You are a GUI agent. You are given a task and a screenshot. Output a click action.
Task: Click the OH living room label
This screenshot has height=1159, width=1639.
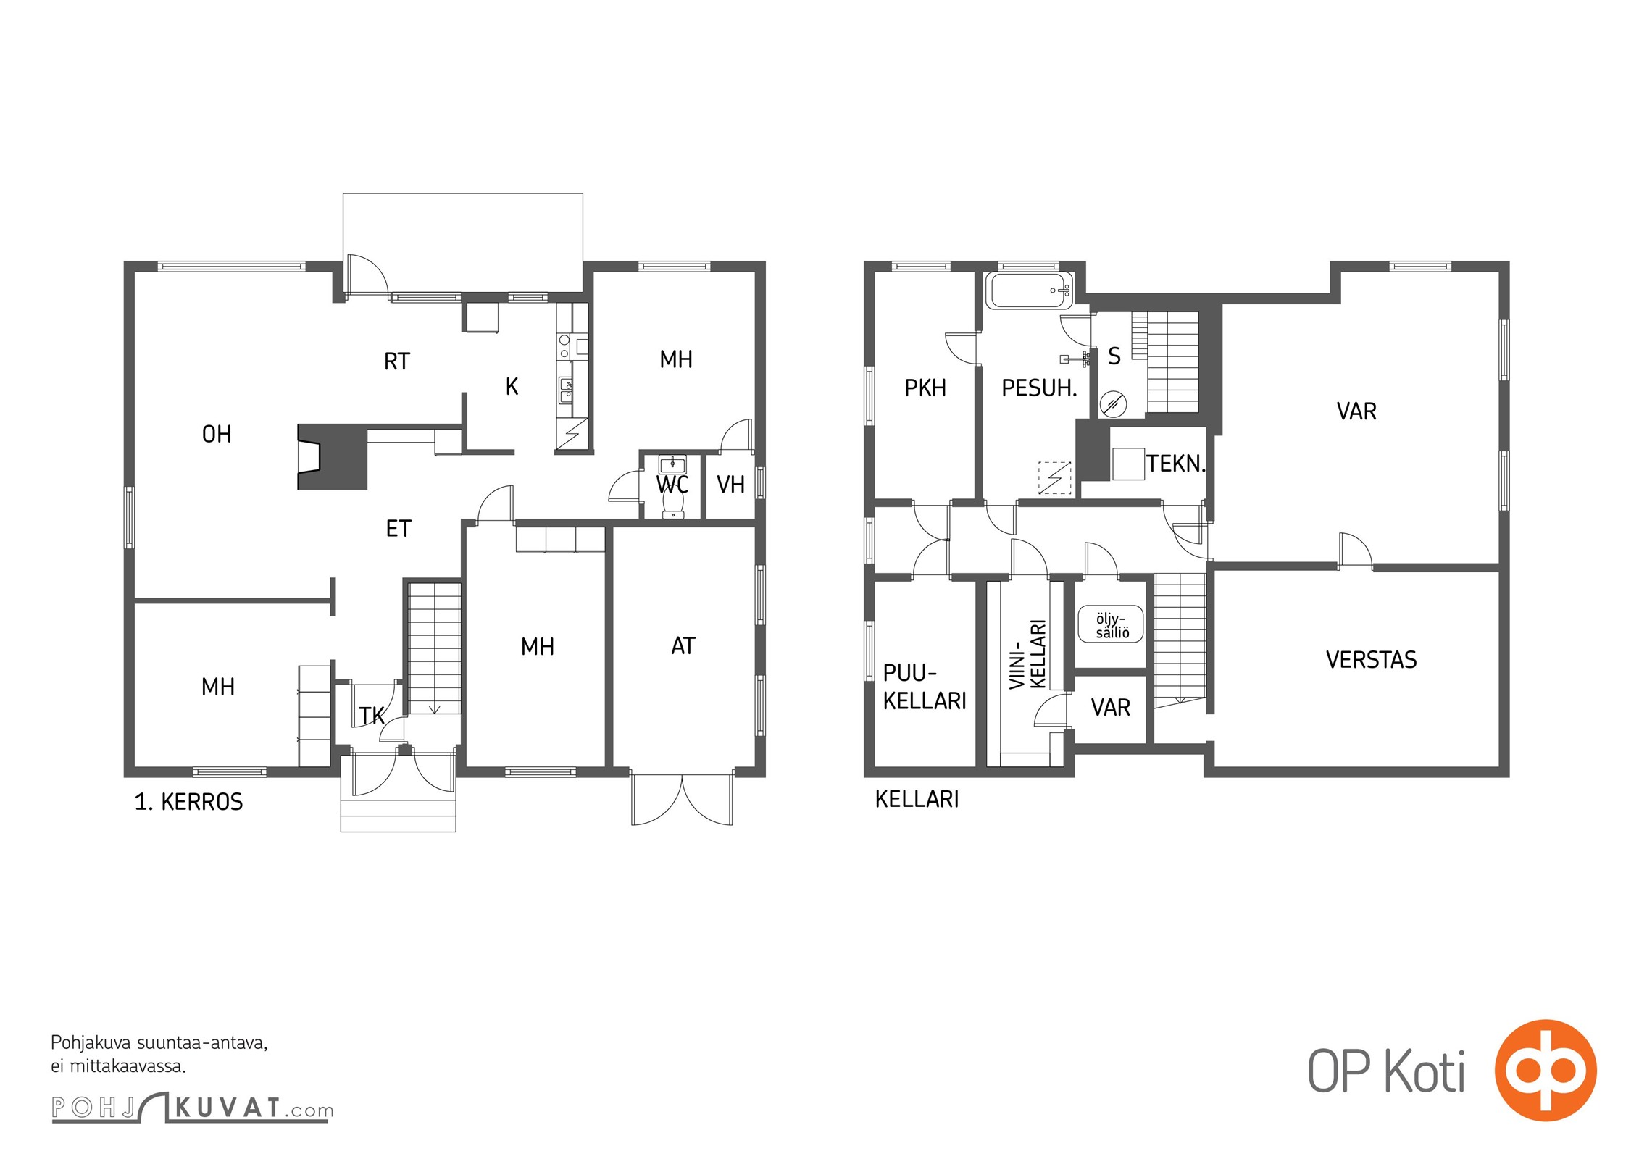(217, 434)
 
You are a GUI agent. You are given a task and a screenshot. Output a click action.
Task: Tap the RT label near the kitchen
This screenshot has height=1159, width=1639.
(397, 361)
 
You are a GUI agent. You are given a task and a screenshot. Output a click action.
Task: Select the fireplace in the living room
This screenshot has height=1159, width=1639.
(332, 457)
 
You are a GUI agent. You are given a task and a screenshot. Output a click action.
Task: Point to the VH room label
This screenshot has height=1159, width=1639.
(730, 485)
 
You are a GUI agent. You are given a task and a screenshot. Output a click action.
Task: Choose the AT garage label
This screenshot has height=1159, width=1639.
(683, 645)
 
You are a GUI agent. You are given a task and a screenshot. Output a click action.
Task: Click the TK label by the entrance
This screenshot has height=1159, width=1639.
(372, 716)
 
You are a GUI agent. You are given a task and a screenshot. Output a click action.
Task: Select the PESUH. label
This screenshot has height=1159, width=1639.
(1039, 388)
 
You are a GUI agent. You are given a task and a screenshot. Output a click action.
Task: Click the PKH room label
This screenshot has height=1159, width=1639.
(925, 388)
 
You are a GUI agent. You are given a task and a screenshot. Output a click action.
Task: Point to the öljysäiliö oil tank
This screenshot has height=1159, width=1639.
(1111, 624)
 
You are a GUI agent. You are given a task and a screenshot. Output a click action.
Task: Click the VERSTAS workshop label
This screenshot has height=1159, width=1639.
(1371, 659)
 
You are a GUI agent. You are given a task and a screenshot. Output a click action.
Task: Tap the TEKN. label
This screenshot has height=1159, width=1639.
(1175, 464)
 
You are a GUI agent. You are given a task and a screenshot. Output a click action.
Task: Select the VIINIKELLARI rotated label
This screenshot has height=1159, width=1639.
(1028, 654)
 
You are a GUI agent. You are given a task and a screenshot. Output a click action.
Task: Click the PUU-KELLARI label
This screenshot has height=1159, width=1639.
(925, 687)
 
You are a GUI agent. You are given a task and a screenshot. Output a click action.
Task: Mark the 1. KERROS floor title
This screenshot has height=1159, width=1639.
(188, 802)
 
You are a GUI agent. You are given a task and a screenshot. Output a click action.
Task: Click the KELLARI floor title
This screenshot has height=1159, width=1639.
(917, 799)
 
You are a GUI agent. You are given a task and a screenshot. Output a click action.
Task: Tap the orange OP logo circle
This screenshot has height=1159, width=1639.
(1546, 1071)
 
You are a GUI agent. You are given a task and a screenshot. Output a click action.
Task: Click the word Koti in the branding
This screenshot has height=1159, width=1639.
(1425, 1071)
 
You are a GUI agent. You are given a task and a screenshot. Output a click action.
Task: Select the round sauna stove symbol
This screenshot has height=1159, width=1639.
(1113, 403)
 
